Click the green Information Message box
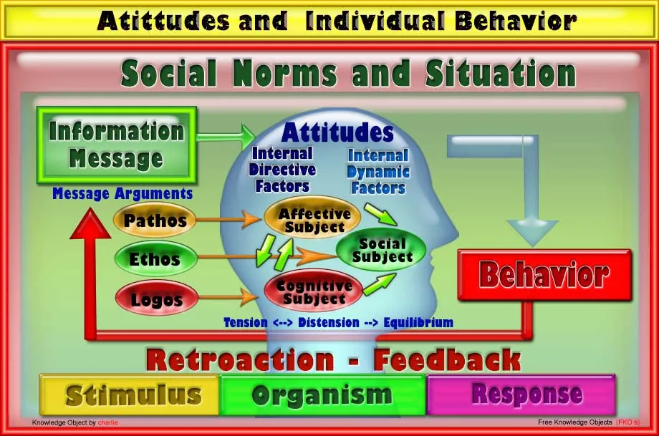116,145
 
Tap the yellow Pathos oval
155,221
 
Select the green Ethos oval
155,259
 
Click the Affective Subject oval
314,220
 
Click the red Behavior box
544,274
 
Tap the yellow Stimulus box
129,394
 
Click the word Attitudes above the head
337,132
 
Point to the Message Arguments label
122,193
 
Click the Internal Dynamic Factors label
378,172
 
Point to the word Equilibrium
418,322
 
